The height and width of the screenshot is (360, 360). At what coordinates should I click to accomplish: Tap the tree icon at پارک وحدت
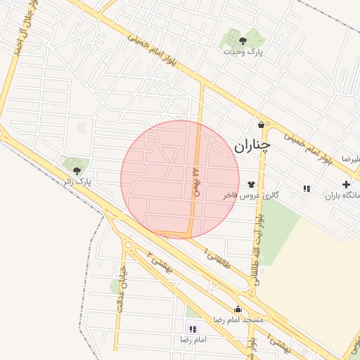(x=243, y=41)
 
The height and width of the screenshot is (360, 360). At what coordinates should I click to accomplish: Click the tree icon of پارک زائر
(x=77, y=170)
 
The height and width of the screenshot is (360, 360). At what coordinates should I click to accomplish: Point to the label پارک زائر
(x=78, y=182)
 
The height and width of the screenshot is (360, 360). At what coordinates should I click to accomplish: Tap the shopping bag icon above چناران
(x=262, y=124)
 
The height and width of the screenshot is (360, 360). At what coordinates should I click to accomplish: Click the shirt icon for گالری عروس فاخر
(x=251, y=184)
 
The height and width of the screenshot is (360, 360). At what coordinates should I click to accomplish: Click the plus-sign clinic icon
(x=345, y=184)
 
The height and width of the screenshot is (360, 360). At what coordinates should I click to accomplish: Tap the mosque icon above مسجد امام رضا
(x=238, y=308)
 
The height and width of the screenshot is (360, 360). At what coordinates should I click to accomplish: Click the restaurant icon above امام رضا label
(x=193, y=328)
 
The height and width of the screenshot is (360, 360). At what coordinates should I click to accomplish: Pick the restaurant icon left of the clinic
(x=307, y=188)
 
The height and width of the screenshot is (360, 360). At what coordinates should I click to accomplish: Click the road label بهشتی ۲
(x=159, y=262)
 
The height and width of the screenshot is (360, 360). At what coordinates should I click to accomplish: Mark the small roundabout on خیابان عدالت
(x=127, y=246)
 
